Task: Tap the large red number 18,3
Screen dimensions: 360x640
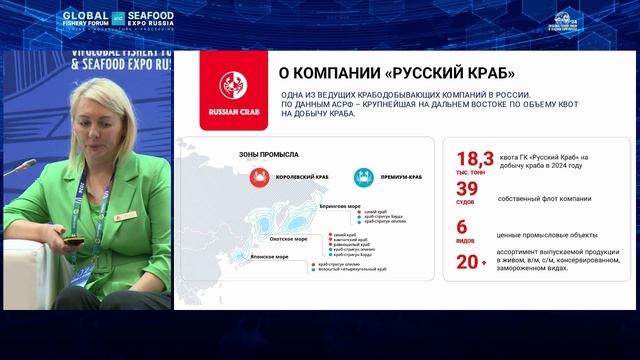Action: [x=475, y=159]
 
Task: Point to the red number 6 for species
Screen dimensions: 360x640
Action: [x=462, y=227]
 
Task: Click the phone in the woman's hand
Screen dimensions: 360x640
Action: [x=72, y=240]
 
